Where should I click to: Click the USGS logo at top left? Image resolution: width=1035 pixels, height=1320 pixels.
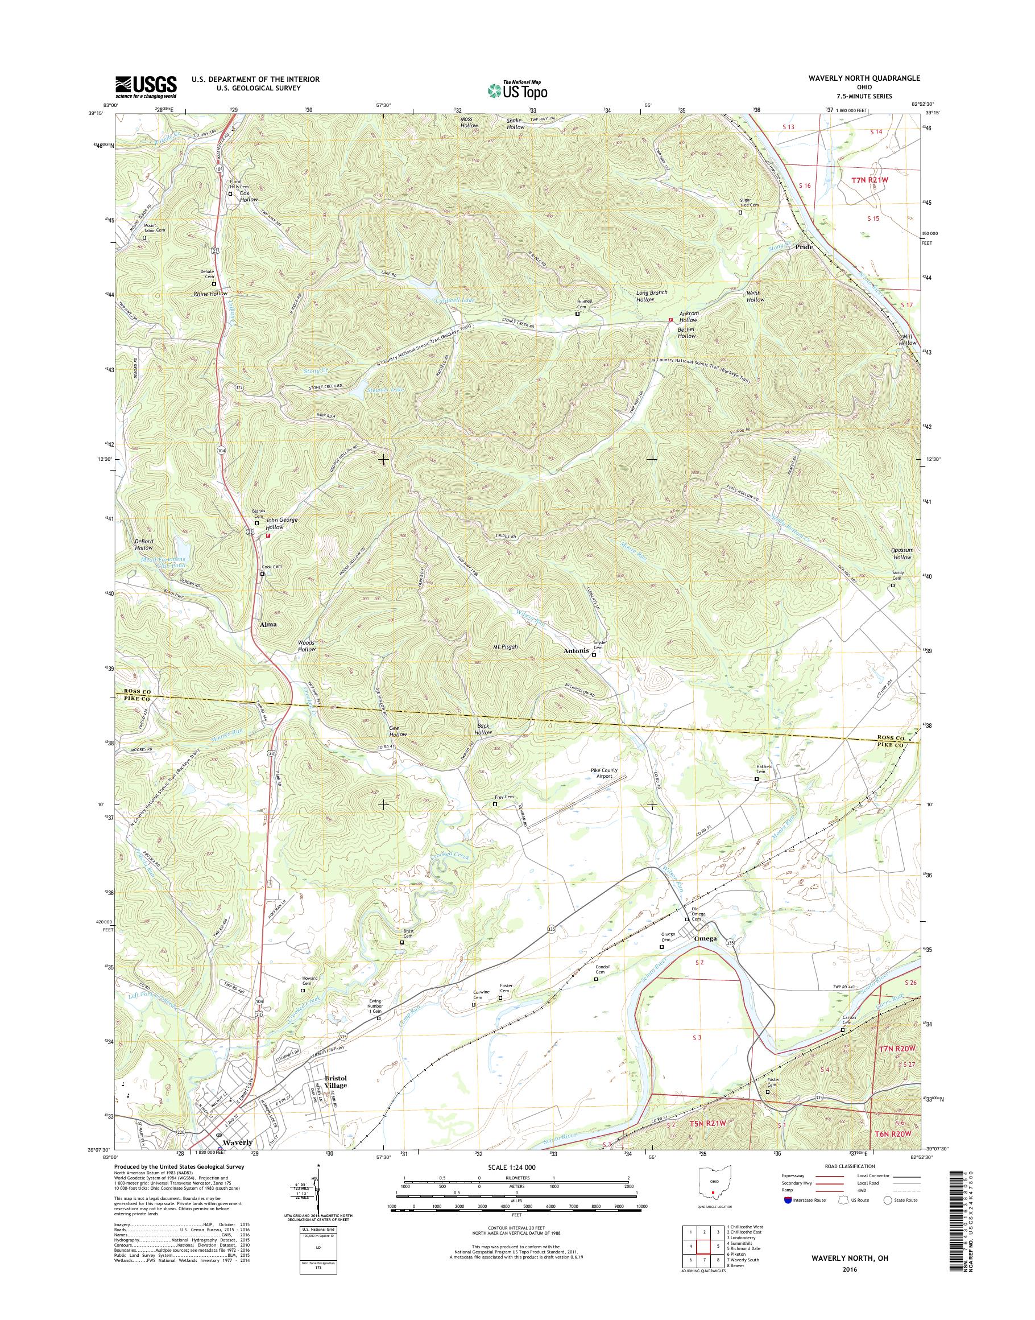[x=146, y=86]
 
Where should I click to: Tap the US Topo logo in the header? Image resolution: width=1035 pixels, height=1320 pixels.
[x=517, y=90]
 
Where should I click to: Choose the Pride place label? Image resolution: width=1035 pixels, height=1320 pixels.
[x=804, y=247]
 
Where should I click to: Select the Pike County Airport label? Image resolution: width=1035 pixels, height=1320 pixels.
[x=604, y=773]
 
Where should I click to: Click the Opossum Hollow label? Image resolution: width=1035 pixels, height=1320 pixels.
[x=902, y=553]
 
